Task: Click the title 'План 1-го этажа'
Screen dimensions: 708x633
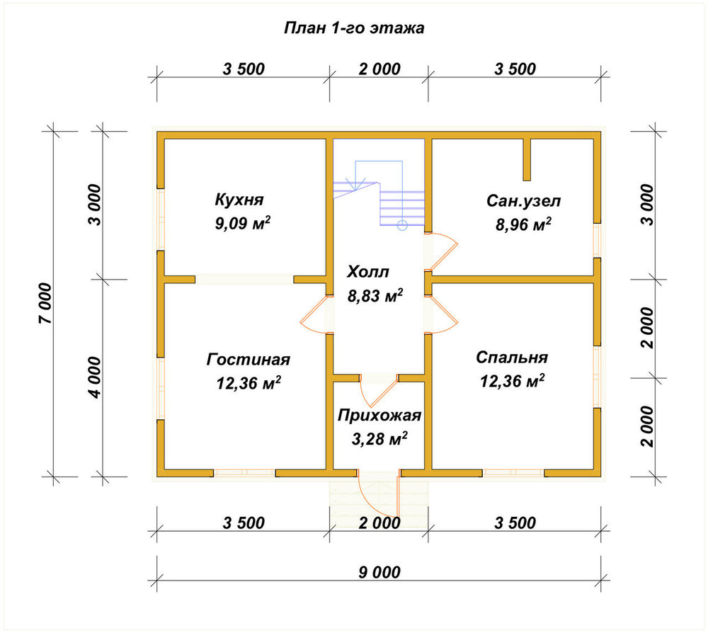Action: [x=354, y=28]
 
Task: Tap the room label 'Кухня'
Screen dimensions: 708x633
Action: [x=239, y=200]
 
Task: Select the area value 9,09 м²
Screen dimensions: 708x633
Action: [x=243, y=223]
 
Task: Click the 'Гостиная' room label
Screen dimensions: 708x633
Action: [x=249, y=360]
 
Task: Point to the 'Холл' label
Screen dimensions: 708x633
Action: [x=367, y=272]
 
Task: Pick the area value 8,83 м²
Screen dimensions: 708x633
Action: [x=375, y=296]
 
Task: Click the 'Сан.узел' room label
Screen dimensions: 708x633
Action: [x=523, y=201]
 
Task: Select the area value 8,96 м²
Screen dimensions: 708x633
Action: [x=523, y=224]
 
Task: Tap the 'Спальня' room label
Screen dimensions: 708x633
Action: [x=512, y=358]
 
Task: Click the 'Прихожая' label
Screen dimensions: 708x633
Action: [x=379, y=416]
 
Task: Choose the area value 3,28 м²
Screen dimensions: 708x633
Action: [x=379, y=439]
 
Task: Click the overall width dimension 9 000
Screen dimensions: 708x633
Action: [x=379, y=573]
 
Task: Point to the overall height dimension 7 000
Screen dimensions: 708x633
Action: [x=46, y=304]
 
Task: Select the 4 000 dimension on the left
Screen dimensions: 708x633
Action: [x=95, y=377]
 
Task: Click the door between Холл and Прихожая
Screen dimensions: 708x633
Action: [x=379, y=390]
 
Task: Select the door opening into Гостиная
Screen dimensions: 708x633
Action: [x=313, y=314]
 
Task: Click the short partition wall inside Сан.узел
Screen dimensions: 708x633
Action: [x=527, y=160]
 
